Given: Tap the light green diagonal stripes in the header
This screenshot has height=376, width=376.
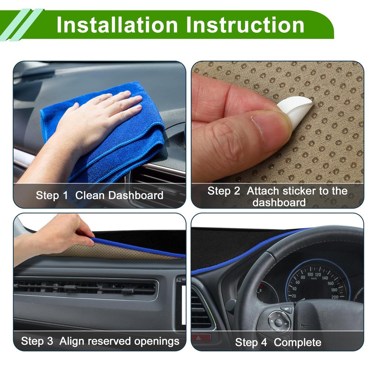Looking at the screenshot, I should (20, 25).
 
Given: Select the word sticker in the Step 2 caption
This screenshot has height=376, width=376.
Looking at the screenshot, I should (297, 191).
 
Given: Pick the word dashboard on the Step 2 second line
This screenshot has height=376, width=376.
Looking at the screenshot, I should (279, 202).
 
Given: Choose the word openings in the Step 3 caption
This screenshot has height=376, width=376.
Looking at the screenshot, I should (156, 341).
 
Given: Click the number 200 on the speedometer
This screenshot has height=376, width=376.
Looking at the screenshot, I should (335, 297).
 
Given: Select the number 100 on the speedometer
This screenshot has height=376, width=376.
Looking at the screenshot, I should (310, 274).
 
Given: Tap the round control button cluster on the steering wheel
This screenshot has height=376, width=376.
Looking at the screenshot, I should (279, 322).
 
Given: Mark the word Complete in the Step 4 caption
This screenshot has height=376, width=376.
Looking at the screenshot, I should (297, 343).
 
